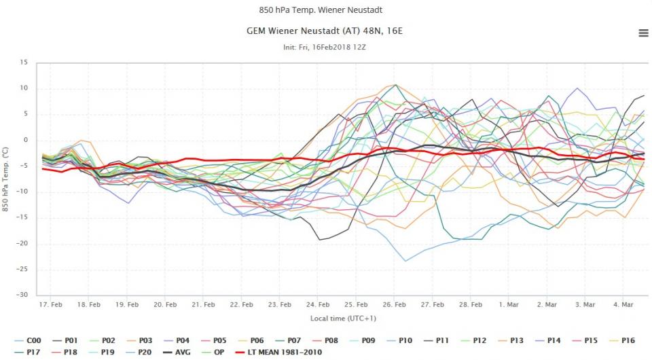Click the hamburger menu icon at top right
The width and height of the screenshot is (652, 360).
coord(643,33)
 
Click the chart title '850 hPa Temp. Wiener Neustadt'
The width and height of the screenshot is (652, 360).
coord(326,10)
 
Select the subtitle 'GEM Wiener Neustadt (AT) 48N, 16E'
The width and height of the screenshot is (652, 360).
coord(326,31)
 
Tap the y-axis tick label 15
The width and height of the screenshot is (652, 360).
coord(23,62)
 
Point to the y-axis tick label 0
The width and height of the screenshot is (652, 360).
coord(25,140)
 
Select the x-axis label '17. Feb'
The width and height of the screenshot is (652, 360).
coord(52,306)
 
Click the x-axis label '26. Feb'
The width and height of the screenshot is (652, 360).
coord(395,306)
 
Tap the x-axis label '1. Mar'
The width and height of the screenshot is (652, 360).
coord(509,306)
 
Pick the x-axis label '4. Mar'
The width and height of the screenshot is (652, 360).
coord(623,306)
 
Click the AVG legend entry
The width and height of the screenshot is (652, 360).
coord(181,352)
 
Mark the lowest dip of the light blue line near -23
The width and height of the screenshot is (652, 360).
coord(406,261)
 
